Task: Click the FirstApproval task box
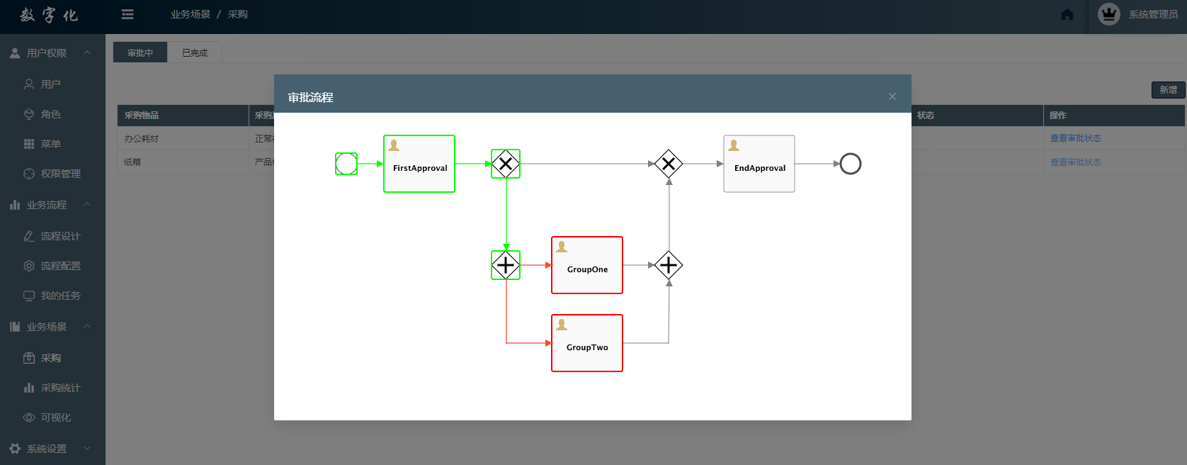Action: [419, 164]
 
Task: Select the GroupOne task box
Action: [587, 265]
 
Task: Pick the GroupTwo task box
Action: [587, 343]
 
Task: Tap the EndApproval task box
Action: [759, 164]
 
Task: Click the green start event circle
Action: [346, 164]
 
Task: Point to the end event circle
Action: [851, 164]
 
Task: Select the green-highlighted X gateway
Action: [506, 164]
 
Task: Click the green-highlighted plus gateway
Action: [506, 265]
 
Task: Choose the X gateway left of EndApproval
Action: [669, 164]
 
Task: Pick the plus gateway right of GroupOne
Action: [669, 265]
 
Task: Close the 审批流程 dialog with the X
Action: [892, 96]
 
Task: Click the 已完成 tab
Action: [195, 53]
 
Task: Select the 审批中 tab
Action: [140, 53]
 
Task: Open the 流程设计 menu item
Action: [60, 236]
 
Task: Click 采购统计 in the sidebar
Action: [60, 388]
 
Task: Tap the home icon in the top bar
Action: [1067, 15]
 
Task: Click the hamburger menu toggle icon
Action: [127, 14]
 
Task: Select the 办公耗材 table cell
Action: [142, 139]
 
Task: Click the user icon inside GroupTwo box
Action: [562, 325]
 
